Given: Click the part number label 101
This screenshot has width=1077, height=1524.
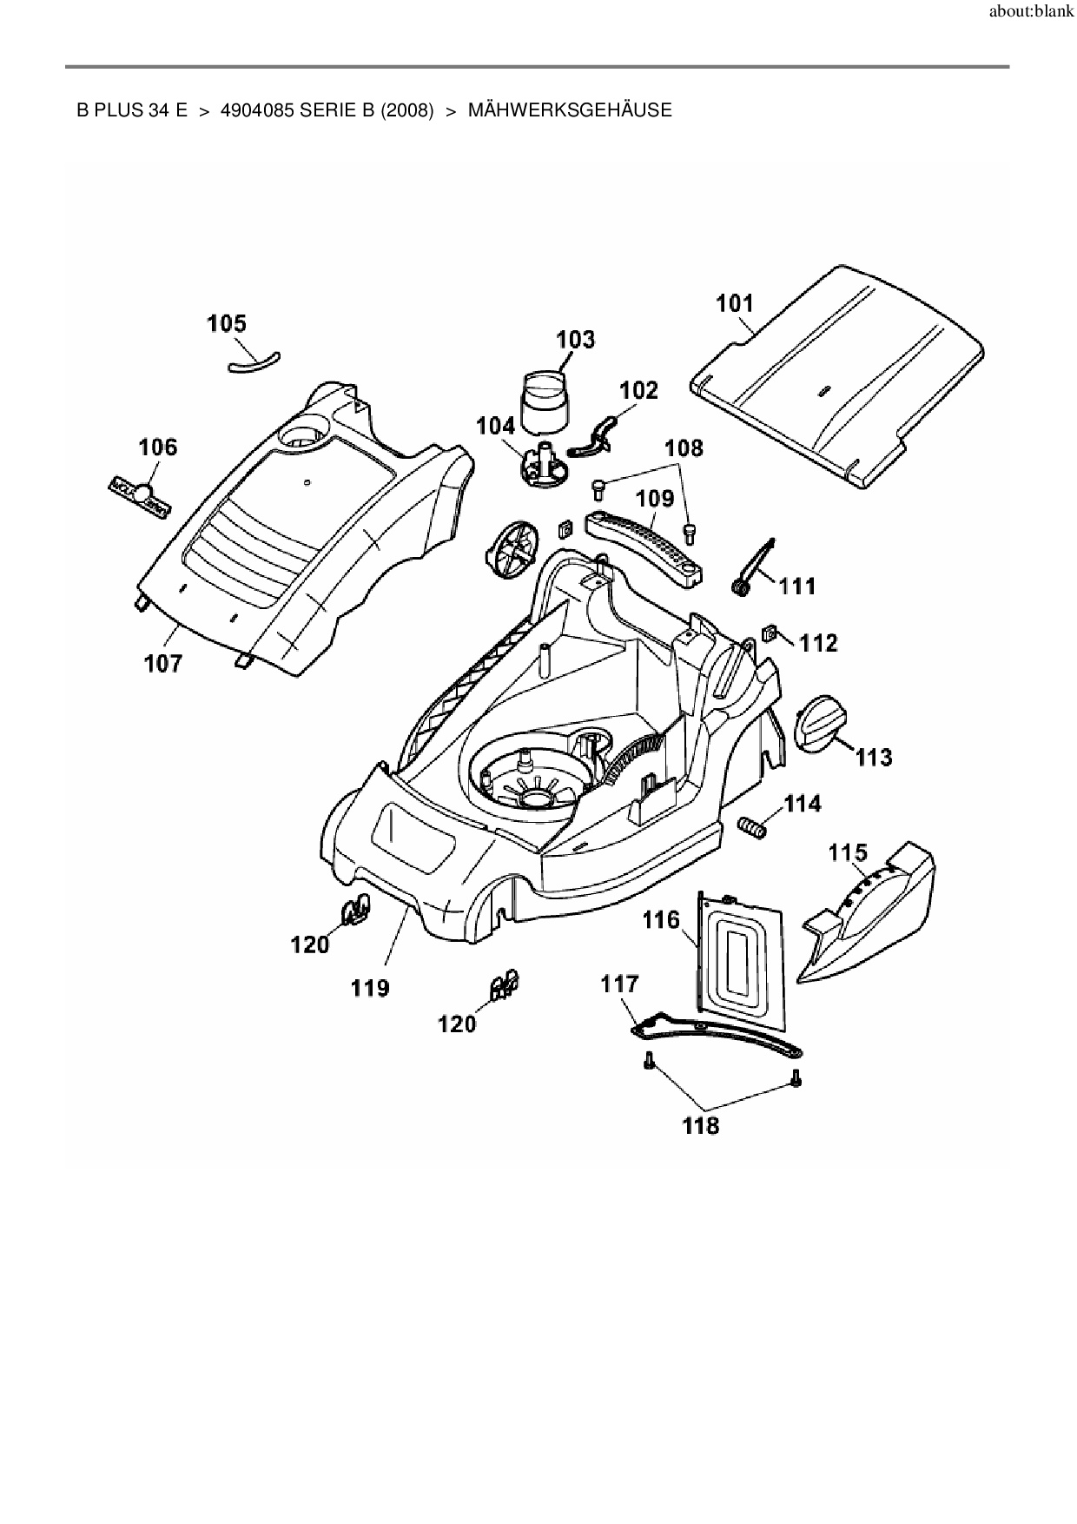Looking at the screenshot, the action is coord(735,303).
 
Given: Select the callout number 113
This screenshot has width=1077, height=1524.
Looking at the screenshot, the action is coord(873,758).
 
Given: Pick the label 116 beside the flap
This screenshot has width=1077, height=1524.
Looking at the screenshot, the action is coord(661,919).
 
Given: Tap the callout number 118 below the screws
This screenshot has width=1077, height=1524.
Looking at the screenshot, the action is coord(701,1125).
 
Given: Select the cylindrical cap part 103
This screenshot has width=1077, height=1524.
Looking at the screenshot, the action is coord(544,401).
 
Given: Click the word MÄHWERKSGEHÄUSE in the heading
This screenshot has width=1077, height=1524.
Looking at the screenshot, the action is coord(570,110).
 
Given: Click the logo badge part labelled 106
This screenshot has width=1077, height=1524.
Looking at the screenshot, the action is coord(141,495).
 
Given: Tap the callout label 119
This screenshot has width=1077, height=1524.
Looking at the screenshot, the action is coord(370,988).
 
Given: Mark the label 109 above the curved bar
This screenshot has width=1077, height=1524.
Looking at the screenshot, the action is coord(655,499).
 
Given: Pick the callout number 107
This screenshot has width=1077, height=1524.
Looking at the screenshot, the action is coord(163,664).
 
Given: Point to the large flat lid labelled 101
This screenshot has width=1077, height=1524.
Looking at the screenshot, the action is coord(838,375).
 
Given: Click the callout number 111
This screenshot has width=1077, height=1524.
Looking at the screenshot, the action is coord(797,586).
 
